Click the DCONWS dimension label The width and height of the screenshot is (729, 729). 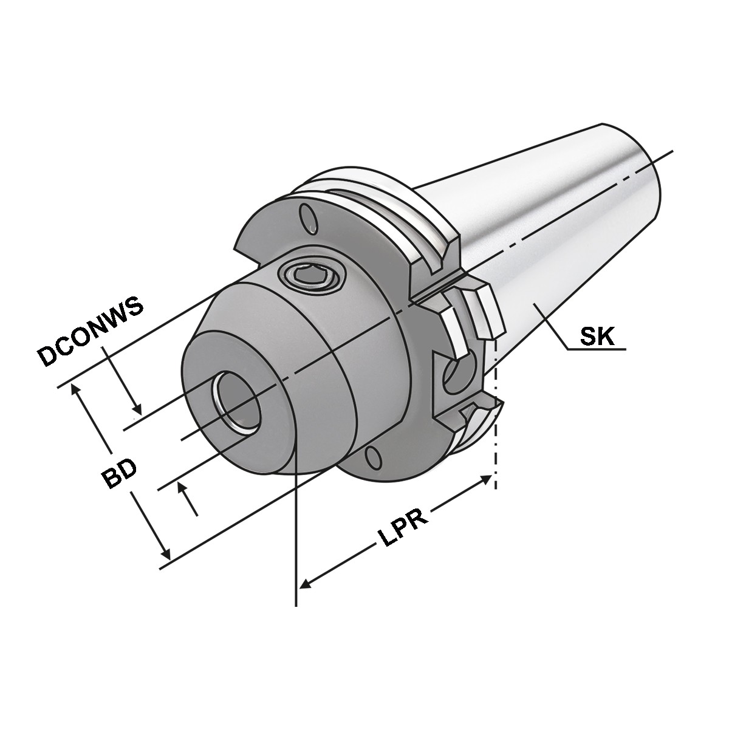[90, 332]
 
